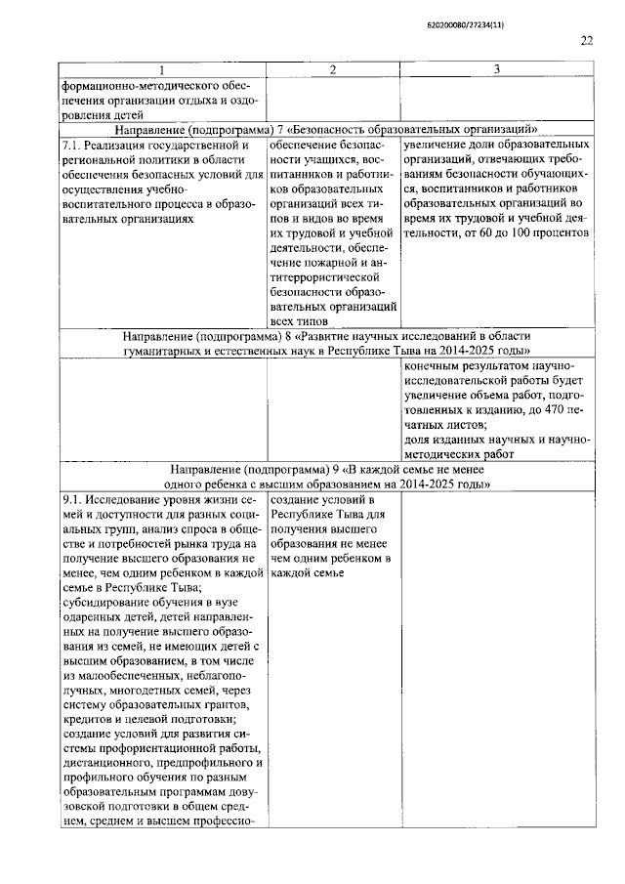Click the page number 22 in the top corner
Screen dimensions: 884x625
586,40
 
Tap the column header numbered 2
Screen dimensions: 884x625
333,69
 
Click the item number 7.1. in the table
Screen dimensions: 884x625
71,145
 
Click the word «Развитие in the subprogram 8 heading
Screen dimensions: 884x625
304,335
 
